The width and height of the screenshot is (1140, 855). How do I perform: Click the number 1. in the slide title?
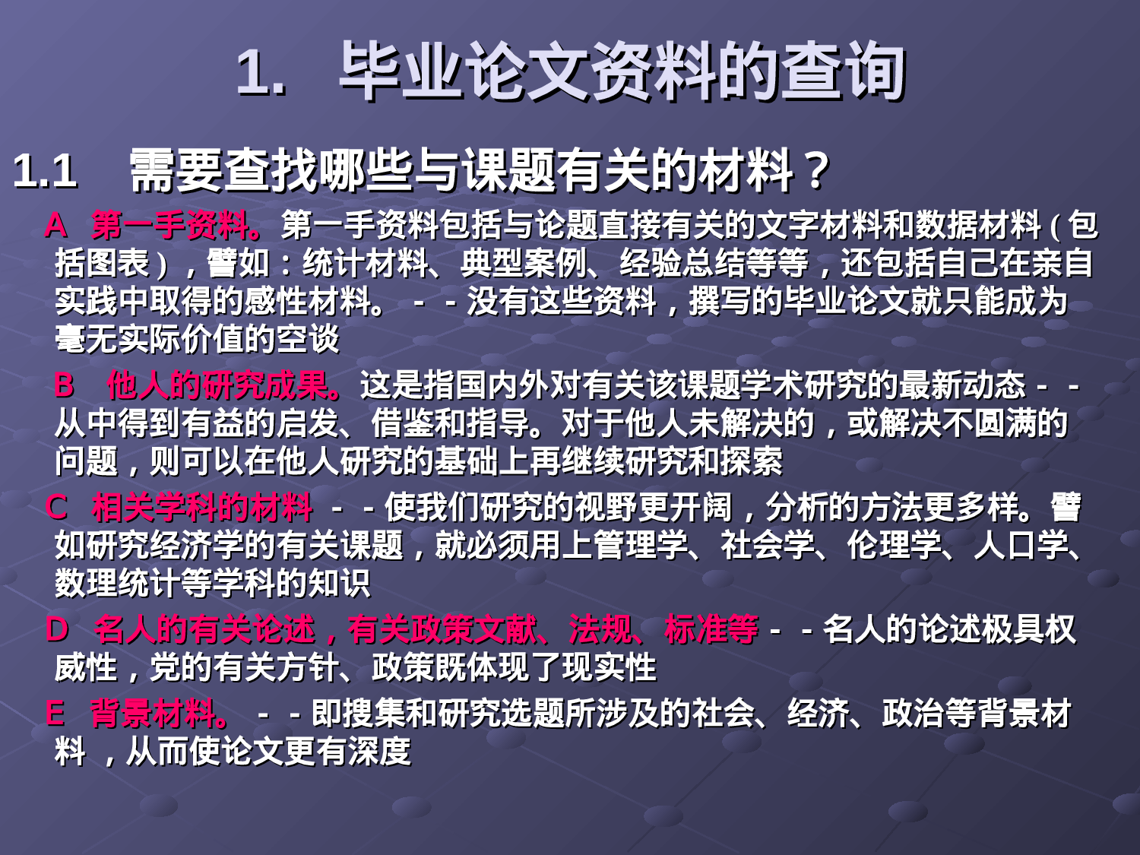click(261, 72)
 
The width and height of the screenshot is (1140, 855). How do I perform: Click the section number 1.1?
click(45, 170)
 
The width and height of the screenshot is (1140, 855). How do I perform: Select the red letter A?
click(55, 225)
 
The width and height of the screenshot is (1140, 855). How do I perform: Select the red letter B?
click(65, 385)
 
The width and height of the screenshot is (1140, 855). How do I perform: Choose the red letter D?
click(57, 629)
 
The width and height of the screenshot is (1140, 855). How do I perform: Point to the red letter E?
click(55, 714)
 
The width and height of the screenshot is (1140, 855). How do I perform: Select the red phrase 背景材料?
click(155, 714)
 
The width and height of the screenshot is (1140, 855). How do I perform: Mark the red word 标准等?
click(711, 629)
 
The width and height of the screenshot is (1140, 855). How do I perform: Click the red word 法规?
click(600, 629)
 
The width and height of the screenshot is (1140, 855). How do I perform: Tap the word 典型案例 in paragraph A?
click(524, 264)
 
